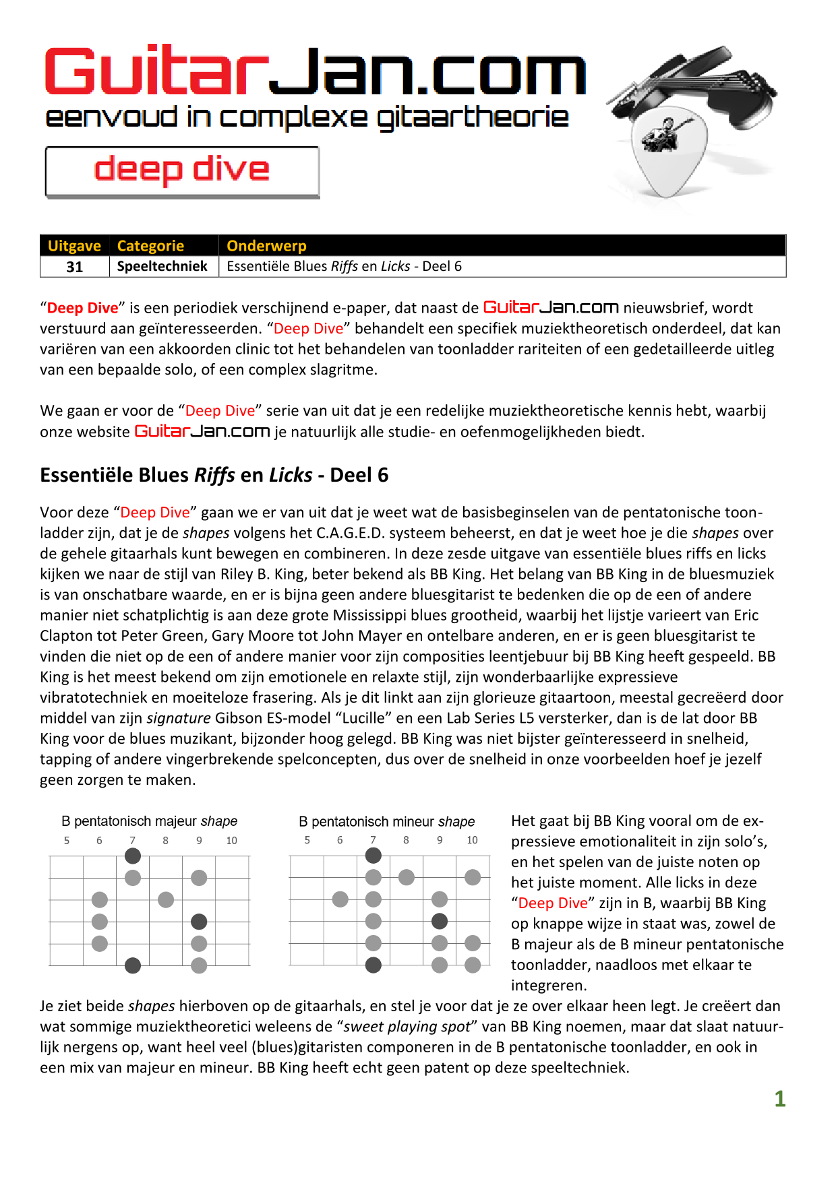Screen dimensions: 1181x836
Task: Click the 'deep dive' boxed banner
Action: tap(182, 172)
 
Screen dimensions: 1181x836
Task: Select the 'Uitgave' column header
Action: tap(74, 246)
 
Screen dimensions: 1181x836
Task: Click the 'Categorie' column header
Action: tap(150, 246)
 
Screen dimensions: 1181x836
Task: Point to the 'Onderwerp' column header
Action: tap(266, 246)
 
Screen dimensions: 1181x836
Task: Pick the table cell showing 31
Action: tap(75, 267)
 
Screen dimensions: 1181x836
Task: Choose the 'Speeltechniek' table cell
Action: tap(162, 266)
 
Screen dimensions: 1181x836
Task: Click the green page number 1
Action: tap(780, 1099)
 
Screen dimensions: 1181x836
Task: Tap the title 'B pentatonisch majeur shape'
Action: tap(149, 821)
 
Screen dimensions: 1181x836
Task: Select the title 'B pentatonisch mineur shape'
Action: tap(386, 822)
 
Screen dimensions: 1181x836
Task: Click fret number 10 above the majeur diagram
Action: tap(231, 841)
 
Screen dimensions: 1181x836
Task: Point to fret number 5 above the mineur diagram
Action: tap(307, 840)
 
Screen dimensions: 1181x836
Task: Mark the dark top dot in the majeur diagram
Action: tap(133, 856)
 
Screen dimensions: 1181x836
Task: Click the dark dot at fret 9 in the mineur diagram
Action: tap(440, 921)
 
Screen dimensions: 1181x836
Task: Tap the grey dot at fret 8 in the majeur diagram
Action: tap(166, 899)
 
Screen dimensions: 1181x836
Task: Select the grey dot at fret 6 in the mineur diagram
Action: tap(340, 899)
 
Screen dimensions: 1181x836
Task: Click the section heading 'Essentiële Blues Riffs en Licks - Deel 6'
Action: tap(214, 476)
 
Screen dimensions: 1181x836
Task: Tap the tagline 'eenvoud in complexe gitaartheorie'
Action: tap(307, 118)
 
